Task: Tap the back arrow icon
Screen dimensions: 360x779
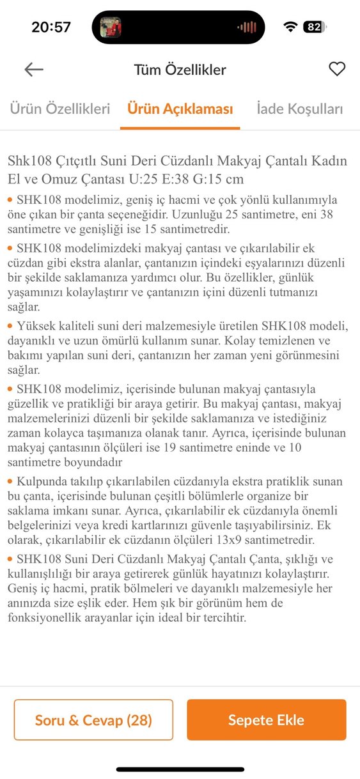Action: [34, 70]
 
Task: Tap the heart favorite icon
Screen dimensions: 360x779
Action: [337, 69]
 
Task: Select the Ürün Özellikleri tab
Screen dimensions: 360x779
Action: [59, 109]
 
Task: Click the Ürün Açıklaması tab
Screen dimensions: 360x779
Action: [180, 109]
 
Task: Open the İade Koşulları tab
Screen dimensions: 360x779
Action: [300, 109]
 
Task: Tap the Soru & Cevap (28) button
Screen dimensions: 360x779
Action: [93, 720]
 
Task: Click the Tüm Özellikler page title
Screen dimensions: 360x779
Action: [180, 70]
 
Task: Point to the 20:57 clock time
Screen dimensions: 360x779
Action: [51, 27]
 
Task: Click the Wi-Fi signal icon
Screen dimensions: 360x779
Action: [291, 27]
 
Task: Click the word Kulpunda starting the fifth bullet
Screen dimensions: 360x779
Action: [45, 481]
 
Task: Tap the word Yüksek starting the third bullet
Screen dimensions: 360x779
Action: [37, 326]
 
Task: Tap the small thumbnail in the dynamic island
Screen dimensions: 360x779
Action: [111, 27]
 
